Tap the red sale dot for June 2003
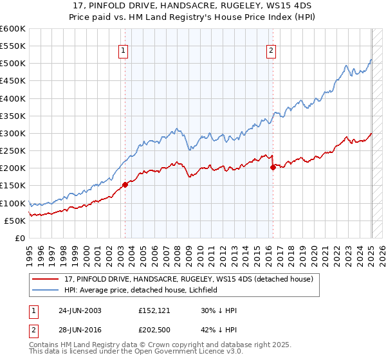click(125, 184)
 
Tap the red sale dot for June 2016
click(273, 167)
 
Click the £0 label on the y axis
click(19, 238)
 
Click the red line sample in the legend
click(46, 279)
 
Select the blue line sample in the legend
click(46, 290)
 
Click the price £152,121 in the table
click(154, 310)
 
